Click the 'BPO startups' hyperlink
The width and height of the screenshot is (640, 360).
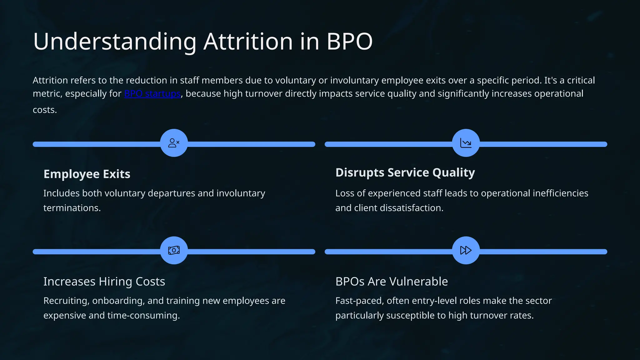tap(152, 94)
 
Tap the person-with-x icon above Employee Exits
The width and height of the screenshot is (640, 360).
tap(174, 143)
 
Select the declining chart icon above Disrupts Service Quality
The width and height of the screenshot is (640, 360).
tap(466, 143)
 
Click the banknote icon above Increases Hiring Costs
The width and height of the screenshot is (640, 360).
tap(174, 250)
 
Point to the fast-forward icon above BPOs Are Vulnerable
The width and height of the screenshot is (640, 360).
tap(466, 250)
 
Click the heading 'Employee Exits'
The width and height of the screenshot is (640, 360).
tap(87, 174)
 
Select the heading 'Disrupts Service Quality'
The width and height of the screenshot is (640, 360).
tap(405, 172)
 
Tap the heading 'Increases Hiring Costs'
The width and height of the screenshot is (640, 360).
tap(104, 282)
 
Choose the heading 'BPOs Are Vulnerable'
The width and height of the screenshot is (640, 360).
tap(392, 282)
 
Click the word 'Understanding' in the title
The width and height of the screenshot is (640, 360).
tap(115, 42)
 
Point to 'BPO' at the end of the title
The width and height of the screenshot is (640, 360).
tap(349, 42)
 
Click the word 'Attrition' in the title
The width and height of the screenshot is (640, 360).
tap(248, 42)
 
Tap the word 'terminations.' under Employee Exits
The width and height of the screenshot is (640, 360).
tap(72, 208)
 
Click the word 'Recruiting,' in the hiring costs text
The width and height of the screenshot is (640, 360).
tap(66, 301)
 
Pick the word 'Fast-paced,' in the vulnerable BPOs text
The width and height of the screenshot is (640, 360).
tap(359, 301)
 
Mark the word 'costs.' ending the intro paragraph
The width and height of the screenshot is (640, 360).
tap(45, 110)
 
